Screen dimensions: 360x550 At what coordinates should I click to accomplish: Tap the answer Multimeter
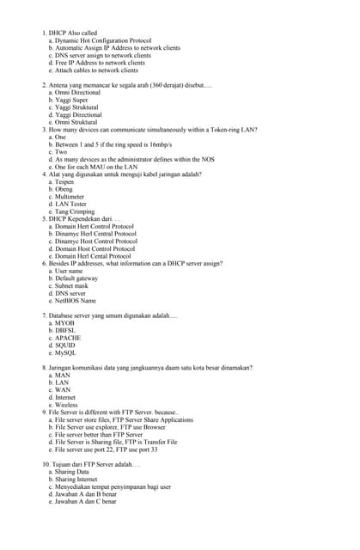(72, 196)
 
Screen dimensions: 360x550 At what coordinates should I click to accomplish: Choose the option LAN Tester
(73, 204)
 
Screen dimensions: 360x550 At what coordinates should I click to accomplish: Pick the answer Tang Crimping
(75, 211)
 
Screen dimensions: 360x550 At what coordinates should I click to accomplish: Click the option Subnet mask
(71, 285)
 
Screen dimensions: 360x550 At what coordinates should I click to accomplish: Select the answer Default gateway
(76, 278)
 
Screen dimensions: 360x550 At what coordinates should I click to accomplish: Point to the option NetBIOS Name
(75, 301)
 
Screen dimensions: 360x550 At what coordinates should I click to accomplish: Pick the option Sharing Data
(71, 472)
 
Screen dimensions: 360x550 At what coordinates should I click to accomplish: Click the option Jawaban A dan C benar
(85, 501)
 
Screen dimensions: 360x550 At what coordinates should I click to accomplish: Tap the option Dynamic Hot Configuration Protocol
(103, 40)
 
